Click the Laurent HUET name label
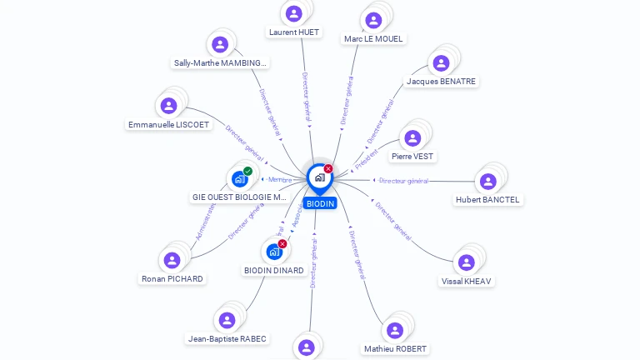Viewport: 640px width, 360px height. click(x=293, y=32)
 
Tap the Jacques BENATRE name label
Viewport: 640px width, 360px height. click(x=441, y=82)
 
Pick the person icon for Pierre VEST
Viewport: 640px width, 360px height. click(x=412, y=138)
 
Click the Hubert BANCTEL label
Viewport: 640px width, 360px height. click(x=487, y=200)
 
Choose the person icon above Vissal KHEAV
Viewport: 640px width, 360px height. click(x=467, y=262)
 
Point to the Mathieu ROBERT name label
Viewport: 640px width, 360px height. click(x=395, y=348)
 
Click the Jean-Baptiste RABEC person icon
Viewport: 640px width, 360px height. click(x=227, y=320)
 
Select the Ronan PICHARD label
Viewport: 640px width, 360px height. click(x=172, y=278)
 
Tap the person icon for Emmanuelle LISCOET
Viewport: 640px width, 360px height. click(x=168, y=106)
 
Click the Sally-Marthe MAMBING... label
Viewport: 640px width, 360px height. click(x=221, y=62)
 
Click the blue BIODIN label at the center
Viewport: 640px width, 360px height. click(x=320, y=203)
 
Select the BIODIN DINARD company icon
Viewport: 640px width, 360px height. click(x=273, y=251)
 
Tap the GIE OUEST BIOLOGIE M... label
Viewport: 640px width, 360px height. click(x=239, y=197)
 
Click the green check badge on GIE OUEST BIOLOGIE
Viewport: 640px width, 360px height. click(x=247, y=171)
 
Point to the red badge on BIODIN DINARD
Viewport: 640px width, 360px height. click(x=282, y=243)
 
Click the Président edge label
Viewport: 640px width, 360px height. click(x=367, y=158)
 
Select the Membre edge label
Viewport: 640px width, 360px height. click(x=280, y=179)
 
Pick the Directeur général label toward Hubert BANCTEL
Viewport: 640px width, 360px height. click(x=403, y=181)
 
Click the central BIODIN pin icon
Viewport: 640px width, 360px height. click(x=319, y=177)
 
